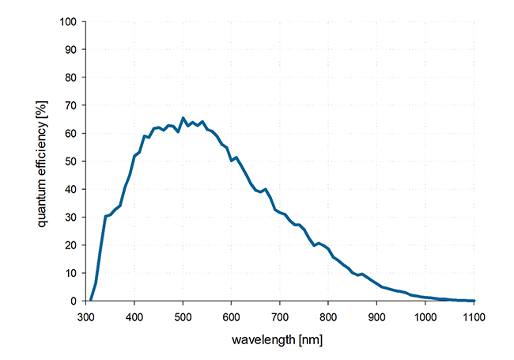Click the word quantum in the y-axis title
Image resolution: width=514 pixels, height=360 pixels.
click(41, 208)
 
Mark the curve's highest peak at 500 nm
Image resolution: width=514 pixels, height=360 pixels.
click(183, 118)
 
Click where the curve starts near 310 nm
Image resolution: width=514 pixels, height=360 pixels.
click(91, 300)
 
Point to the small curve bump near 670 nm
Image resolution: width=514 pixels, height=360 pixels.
click(265, 189)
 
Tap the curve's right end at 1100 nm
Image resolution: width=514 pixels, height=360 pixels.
click(473, 301)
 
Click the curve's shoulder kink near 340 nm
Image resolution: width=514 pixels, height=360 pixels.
click(105, 216)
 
